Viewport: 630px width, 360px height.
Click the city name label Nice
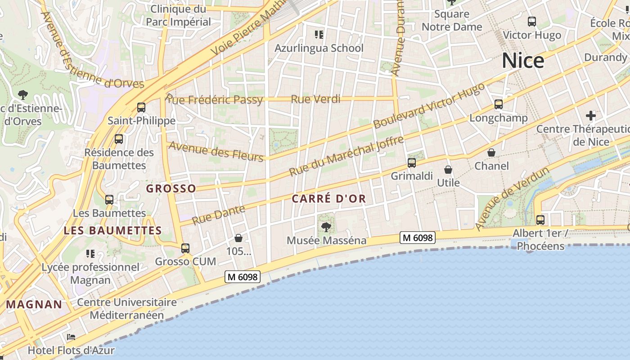pyautogui.click(x=522, y=60)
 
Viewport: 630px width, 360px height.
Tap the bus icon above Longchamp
pyautogui.click(x=499, y=104)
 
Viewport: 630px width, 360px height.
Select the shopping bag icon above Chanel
pyautogui.click(x=491, y=153)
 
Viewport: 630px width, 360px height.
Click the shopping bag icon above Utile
pyautogui.click(x=448, y=170)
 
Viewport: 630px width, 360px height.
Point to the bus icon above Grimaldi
pyautogui.click(x=412, y=163)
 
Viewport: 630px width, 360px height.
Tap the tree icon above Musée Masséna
pyautogui.click(x=326, y=227)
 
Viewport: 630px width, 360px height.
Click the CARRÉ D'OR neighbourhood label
pyautogui.click(x=329, y=198)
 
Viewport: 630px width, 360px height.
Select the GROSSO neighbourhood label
pyautogui.click(x=171, y=189)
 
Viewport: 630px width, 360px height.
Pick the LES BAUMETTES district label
pyautogui.click(x=112, y=231)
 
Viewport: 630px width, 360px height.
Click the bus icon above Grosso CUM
pyautogui.click(x=185, y=248)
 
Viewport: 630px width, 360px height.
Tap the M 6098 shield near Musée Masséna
pyautogui.click(x=418, y=238)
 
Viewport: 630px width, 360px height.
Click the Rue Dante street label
pyautogui.click(x=219, y=215)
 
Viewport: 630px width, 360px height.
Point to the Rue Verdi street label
pyautogui.click(x=315, y=99)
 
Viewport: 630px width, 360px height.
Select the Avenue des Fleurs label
pyautogui.click(x=216, y=151)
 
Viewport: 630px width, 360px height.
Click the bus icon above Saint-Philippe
pyautogui.click(x=141, y=108)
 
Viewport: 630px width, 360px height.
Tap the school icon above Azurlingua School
pyautogui.click(x=319, y=35)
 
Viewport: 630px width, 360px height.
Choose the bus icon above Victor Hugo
pyautogui.click(x=532, y=22)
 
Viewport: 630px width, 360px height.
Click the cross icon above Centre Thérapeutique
pyautogui.click(x=591, y=116)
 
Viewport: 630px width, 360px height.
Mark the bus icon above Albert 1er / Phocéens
pyautogui.click(x=540, y=220)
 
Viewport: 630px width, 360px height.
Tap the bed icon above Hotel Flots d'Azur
pyautogui.click(x=71, y=337)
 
